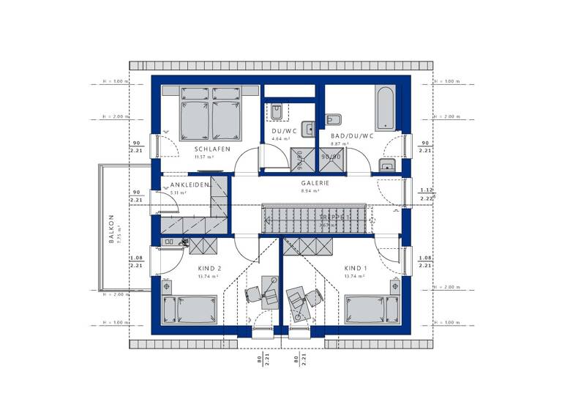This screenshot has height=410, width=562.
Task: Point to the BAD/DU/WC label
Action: point(352,136)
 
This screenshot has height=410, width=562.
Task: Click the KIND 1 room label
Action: point(357,269)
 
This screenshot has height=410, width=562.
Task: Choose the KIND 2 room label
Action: point(209,269)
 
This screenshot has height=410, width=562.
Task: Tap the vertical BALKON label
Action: point(111,227)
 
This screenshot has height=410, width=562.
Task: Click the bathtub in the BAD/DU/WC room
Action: point(384,109)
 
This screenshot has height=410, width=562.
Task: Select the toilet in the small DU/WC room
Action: point(277,112)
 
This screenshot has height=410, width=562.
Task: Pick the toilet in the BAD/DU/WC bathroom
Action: point(333,119)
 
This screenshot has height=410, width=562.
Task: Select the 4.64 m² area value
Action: point(281,138)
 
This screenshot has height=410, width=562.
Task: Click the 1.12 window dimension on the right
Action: point(424,190)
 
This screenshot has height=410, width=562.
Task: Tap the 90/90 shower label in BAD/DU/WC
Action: point(331,157)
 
